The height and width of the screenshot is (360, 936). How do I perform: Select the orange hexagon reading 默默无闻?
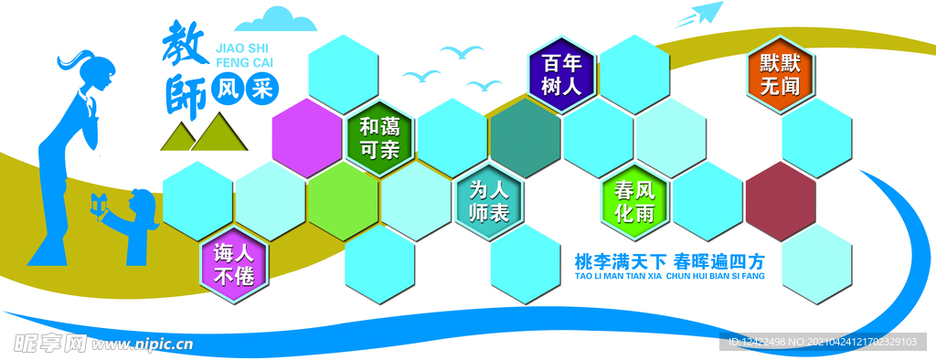pyautogui.click(x=780, y=75)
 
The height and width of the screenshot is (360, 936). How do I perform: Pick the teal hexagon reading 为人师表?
pyautogui.click(x=490, y=201)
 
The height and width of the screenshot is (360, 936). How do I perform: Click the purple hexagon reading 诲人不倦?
pyautogui.click(x=234, y=264)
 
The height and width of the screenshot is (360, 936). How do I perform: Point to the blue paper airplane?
pyautogui.click(x=699, y=16)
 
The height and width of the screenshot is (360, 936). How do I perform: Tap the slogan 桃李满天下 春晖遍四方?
pyautogui.click(x=669, y=259)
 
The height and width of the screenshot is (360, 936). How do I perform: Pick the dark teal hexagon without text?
pyautogui.click(x=525, y=138)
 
